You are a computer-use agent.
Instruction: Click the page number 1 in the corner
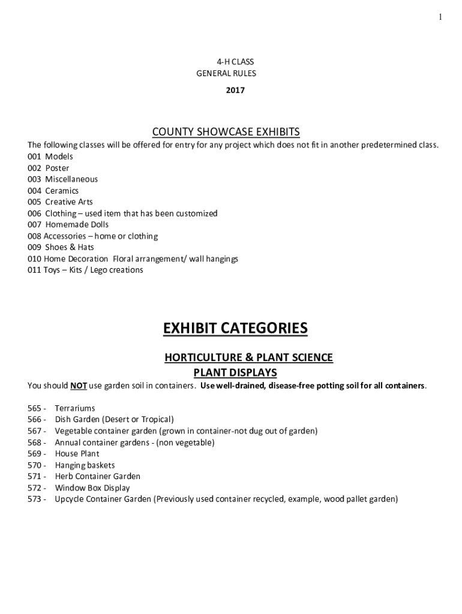tap(440, 17)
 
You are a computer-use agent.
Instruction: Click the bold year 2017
tap(235, 91)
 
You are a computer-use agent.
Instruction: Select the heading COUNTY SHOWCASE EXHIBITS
tap(226, 132)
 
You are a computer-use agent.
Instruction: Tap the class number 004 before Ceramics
tap(34, 191)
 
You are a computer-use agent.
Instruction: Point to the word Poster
tap(57, 168)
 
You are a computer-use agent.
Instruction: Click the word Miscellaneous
tap(71, 179)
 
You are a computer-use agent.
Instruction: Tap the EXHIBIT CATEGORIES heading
tap(235, 329)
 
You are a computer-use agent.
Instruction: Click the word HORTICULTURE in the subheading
tap(200, 357)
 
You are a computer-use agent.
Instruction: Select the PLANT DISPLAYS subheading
tap(235, 372)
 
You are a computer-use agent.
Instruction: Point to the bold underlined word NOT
tap(79, 386)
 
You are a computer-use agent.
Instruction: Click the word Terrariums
tap(75, 408)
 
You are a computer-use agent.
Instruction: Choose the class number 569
tap(34, 454)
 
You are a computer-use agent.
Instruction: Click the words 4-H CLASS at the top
tap(231, 62)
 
